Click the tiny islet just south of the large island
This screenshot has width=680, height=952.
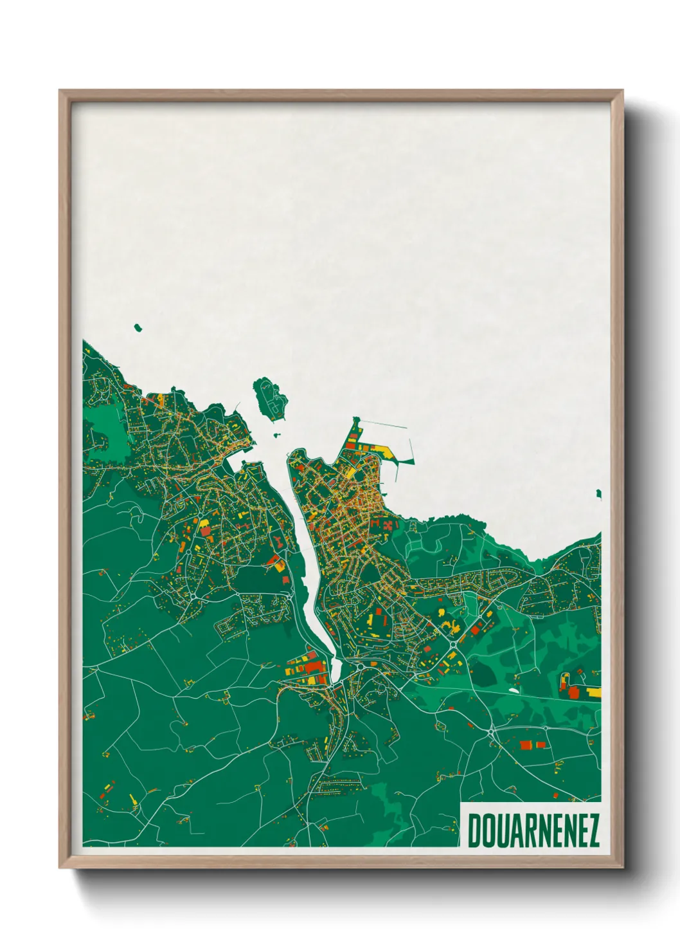point(278,435)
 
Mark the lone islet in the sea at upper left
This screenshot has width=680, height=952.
point(138,328)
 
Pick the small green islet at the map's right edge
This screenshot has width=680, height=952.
point(598,493)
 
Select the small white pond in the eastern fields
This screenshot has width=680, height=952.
point(514,691)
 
